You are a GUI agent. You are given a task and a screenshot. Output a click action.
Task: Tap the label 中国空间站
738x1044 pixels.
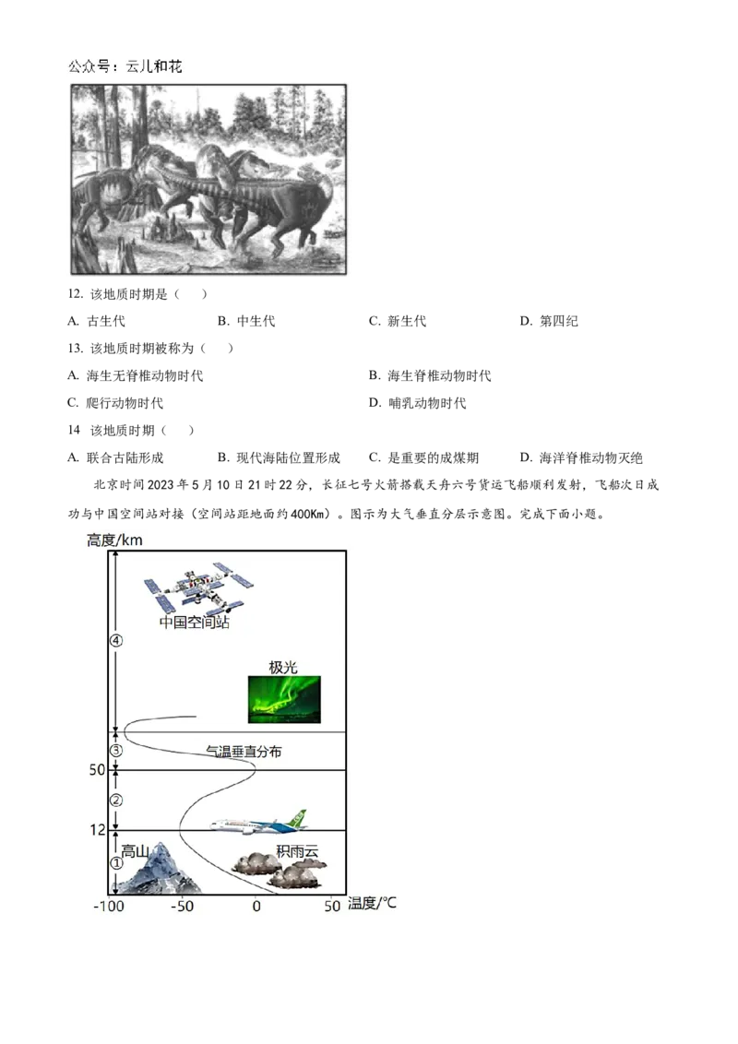(x=194, y=622)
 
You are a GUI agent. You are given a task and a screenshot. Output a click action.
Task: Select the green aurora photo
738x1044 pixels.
(x=284, y=698)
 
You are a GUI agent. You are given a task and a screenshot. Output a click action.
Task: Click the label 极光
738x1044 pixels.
(x=282, y=668)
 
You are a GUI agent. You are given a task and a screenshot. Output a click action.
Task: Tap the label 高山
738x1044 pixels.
(x=136, y=850)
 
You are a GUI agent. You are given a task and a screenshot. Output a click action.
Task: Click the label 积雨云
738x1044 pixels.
(x=297, y=850)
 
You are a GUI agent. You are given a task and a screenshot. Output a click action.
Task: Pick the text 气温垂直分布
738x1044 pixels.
(x=244, y=752)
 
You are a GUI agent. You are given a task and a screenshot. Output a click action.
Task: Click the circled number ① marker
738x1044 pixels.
(x=116, y=864)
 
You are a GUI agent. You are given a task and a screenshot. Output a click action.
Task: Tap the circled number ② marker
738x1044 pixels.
(x=116, y=800)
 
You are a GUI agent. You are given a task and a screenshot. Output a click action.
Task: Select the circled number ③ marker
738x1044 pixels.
(x=116, y=751)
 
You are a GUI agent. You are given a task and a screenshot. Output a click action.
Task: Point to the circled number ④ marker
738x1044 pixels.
(x=116, y=641)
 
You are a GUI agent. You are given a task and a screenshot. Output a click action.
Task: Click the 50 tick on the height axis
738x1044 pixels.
(x=96, y=770)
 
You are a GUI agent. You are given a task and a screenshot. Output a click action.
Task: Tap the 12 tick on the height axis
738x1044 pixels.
(x=98, y=830)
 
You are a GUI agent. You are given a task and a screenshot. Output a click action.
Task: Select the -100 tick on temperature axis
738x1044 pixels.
(x=109, y=906)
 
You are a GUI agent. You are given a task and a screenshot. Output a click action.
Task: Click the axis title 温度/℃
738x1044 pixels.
(x=372, y=903)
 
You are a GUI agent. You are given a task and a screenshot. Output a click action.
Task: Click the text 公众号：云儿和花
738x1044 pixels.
(x=125, y=67)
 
